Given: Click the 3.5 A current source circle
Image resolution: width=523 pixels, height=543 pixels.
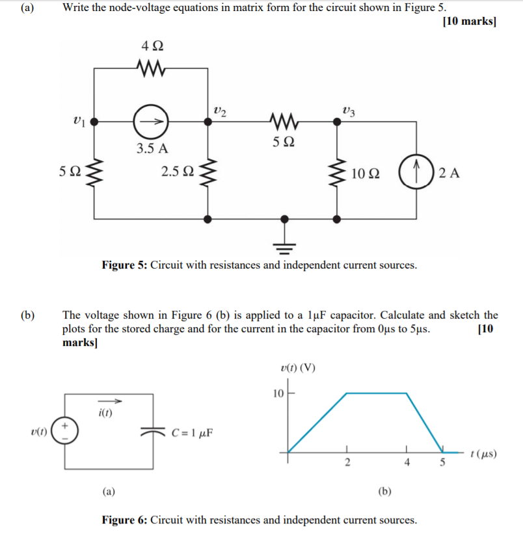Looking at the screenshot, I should tap(151, 122).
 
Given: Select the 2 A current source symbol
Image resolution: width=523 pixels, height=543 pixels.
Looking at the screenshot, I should tap(416, 172).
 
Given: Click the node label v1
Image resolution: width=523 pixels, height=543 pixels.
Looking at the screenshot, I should tap(79, 120).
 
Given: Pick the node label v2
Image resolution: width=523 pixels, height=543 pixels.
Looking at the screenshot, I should tap(220, 111).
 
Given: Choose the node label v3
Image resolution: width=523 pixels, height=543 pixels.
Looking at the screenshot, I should tap(348, 111).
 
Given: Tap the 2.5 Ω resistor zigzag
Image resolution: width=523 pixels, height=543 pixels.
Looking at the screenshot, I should tap(208, 173).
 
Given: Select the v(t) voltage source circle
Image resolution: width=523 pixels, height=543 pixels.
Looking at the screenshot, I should tap(64, 431).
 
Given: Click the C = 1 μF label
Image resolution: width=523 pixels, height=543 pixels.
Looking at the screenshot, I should tap(193, 432).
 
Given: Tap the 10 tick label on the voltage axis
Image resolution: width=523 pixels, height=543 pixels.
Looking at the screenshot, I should tap(277, 393).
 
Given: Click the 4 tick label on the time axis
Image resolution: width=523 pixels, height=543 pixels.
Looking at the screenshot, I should tap(407, 463).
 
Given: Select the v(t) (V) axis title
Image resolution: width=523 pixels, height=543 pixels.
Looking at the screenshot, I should tap(297, 367).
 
